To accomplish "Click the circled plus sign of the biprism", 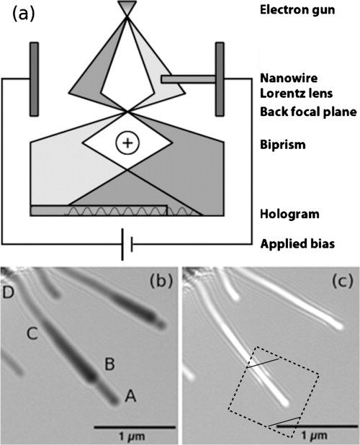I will coord(127,143).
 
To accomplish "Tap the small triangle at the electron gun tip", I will coord(127,7).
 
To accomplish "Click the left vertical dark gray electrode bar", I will coord(34,79).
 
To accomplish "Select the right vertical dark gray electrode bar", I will coord(220,79).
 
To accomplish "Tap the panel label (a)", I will coord(21,16).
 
